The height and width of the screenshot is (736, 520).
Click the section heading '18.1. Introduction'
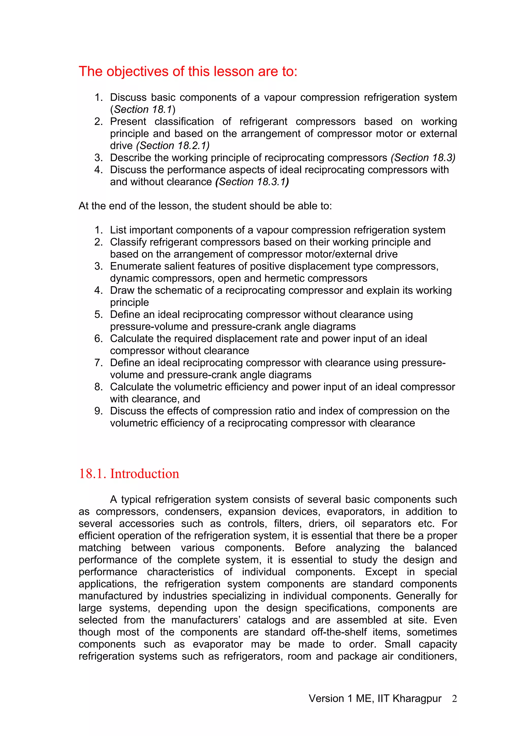[x=129, y=474]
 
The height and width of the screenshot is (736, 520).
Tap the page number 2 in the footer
[x=454, y=698]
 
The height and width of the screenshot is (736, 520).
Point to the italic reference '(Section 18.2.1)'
[x=173, y=146]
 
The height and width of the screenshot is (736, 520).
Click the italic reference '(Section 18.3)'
[x=422, y=158]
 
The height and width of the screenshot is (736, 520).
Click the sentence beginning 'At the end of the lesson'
[x=205, y=206]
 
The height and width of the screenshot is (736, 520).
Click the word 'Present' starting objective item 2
[x=128, y=122]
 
